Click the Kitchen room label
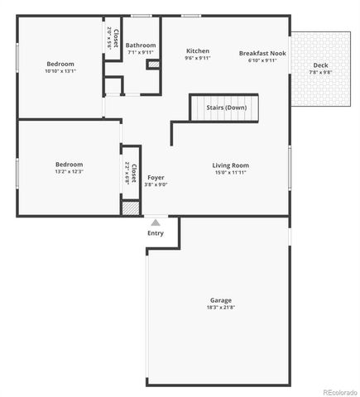click(198, 51)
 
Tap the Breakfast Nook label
click(262, 53)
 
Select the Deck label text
click(320, 65)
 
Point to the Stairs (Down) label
click(226, 108)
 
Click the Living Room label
click(231, 165)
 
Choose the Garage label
click(220, 300)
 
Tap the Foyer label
click(156, 178)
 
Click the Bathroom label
click(141, 45)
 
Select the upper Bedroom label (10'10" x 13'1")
click(60, 64)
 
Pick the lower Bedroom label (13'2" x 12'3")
click(69, 164)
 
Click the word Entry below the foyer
click(156, 233)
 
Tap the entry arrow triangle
click(155, 222)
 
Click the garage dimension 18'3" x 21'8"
click(220, 308)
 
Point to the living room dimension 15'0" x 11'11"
click(231, 173)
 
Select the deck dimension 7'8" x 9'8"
click(320, 73)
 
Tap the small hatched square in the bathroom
click(152, 65)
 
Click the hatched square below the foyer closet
click(130, 208)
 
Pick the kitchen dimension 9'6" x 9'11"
click(198, 59)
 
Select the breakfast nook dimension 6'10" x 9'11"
click(262, 60)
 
